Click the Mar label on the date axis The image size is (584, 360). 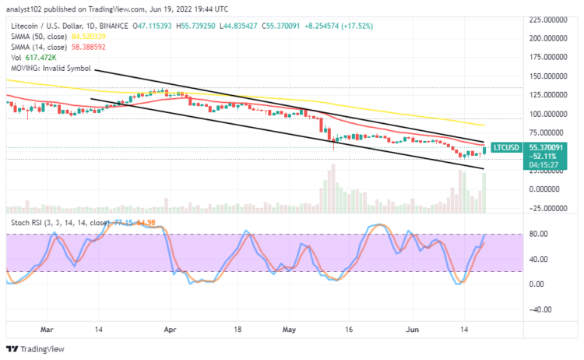click(48, 330)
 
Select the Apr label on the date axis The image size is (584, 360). click(170, 330)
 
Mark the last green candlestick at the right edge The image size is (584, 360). click(485, 150)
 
